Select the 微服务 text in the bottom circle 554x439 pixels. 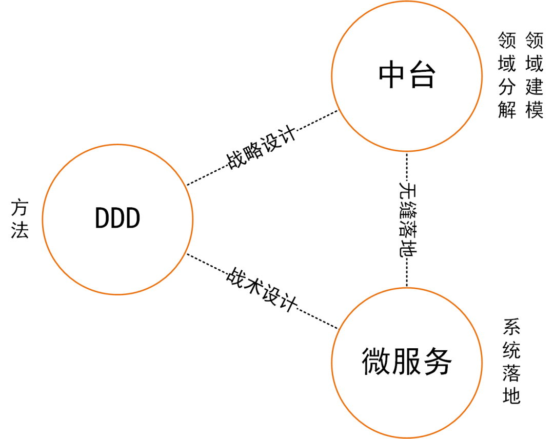pyautogui.click(x=407, y=362)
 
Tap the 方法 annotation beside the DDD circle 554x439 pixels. pyautogui.click(x=20, y=219)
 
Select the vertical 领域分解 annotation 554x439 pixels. pyautogui.click(x=506, y=75)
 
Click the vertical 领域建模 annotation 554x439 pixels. pyautogui.click(x=534, y=75)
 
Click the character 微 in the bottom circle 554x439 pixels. pyautogui.click(x=377, y=362)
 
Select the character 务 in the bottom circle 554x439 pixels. pyautogui.click(x=437, y=362)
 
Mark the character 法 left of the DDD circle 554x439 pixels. pyautogui.click(x=20, y=231)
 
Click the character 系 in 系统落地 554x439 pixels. pyautogui.click(x=511, y=326)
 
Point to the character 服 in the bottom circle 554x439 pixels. pyautogui.click(x=407, y=362)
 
